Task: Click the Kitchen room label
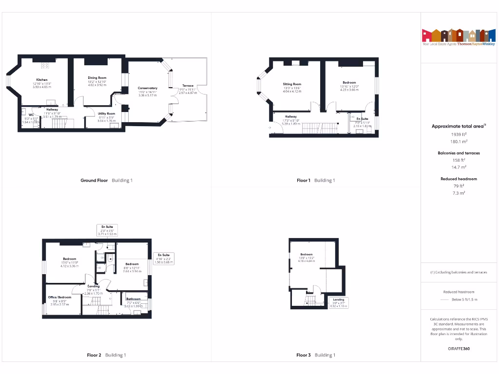point(41,79)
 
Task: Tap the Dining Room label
point(97,78)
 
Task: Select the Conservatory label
point(148,88)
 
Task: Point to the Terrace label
point(188,86)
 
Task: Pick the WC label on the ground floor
point(31,115)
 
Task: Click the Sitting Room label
point(292,84)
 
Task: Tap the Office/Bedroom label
point(59,297)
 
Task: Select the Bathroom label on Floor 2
point(134,299)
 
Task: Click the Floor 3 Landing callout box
point(338,302)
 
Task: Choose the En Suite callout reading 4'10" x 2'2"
point(163,258)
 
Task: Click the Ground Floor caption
point(94,180)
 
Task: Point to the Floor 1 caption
point(303,180)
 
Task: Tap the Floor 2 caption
point(94,355)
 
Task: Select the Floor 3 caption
point(303,355)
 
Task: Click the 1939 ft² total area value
point(458,134)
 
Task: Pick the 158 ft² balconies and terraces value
point(458,160)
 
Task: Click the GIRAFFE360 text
point(459,349)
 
